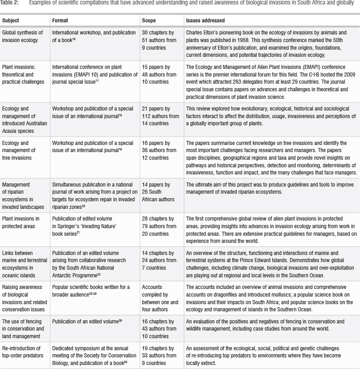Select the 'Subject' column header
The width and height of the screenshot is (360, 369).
pos(11,21)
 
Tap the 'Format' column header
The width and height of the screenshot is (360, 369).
pos(60,21)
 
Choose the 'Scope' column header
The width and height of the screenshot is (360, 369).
pos(149,21)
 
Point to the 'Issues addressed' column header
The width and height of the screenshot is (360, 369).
pos(205,21)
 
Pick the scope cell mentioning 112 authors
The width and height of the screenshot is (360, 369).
pos(159,116)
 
